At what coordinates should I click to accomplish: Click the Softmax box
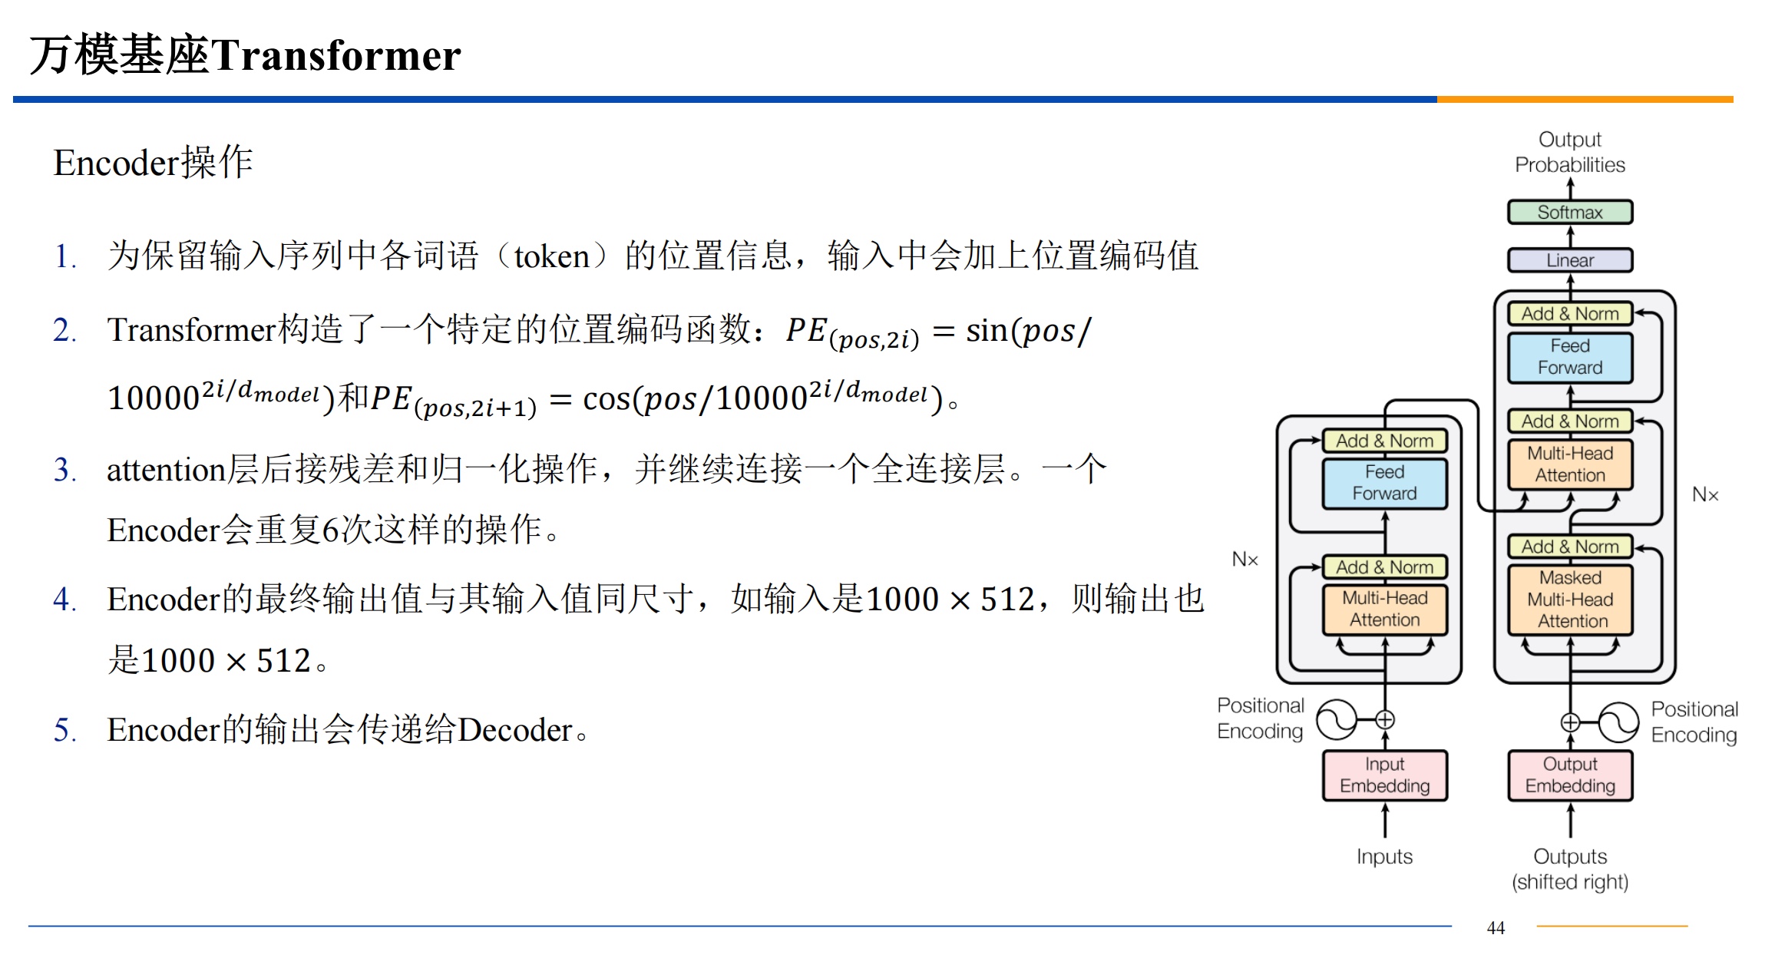[1570, 212]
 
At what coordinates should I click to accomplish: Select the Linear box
[1570, 260]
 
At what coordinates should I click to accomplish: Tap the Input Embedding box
[1385, 775]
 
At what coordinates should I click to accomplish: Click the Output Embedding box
[1570, 775]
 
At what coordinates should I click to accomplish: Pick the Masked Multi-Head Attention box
[1570, 600]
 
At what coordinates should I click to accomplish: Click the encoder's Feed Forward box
[1385, 483]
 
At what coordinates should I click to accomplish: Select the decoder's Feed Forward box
[1570, 357]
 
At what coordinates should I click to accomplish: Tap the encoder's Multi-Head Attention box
[1385, 609]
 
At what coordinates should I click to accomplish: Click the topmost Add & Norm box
[1570, 313]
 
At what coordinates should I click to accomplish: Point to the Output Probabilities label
[1570, 152]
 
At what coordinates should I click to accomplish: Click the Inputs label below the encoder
[1384, 856]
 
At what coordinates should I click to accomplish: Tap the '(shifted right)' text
[1570, 882]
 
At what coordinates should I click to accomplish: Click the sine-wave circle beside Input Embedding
[1337, 720]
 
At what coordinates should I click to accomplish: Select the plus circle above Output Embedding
[1570, 722]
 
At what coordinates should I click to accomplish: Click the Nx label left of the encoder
[1244, 560]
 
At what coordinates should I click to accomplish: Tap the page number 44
[1496, 928]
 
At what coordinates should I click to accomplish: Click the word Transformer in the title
[336, 55]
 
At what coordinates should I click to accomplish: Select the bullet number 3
[64, 470]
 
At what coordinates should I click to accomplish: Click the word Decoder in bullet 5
[516, 729]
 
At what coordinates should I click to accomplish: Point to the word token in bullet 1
[551, 256]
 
